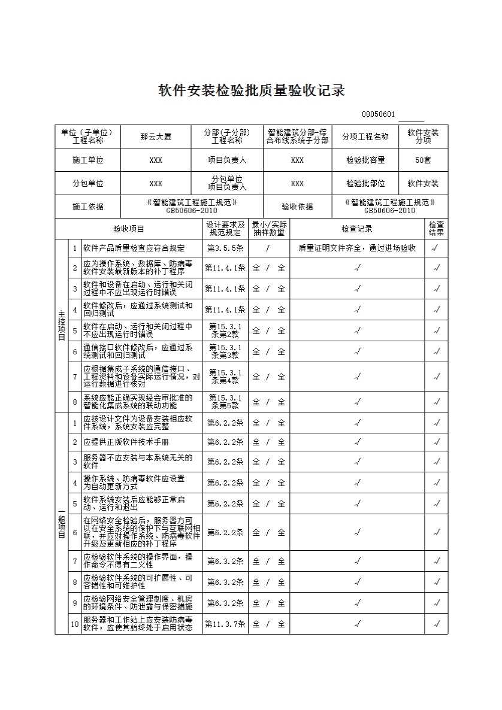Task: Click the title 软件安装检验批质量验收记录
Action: [252, 91]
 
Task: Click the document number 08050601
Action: [378, 114]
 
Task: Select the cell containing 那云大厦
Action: [156, 136]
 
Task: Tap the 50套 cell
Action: [424, 160]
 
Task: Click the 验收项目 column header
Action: [129, 229]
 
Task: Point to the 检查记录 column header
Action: [357, 229]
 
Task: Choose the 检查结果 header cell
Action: [436, 229]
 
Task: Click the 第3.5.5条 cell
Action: [225, 248]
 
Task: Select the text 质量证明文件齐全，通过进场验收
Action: [357, 248]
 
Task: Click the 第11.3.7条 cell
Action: [225, 624]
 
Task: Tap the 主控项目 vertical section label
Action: [61, 325]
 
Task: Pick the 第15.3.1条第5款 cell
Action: [225, 402]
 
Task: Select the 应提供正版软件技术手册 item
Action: [126, 442]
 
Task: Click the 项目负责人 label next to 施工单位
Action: [227, 160]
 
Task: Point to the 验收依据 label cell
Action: [297, 207]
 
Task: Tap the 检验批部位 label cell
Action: [365, 183]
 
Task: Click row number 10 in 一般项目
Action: [75, 624]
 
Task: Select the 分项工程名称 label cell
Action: [365, 136]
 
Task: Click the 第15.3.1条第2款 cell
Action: [225, 330]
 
